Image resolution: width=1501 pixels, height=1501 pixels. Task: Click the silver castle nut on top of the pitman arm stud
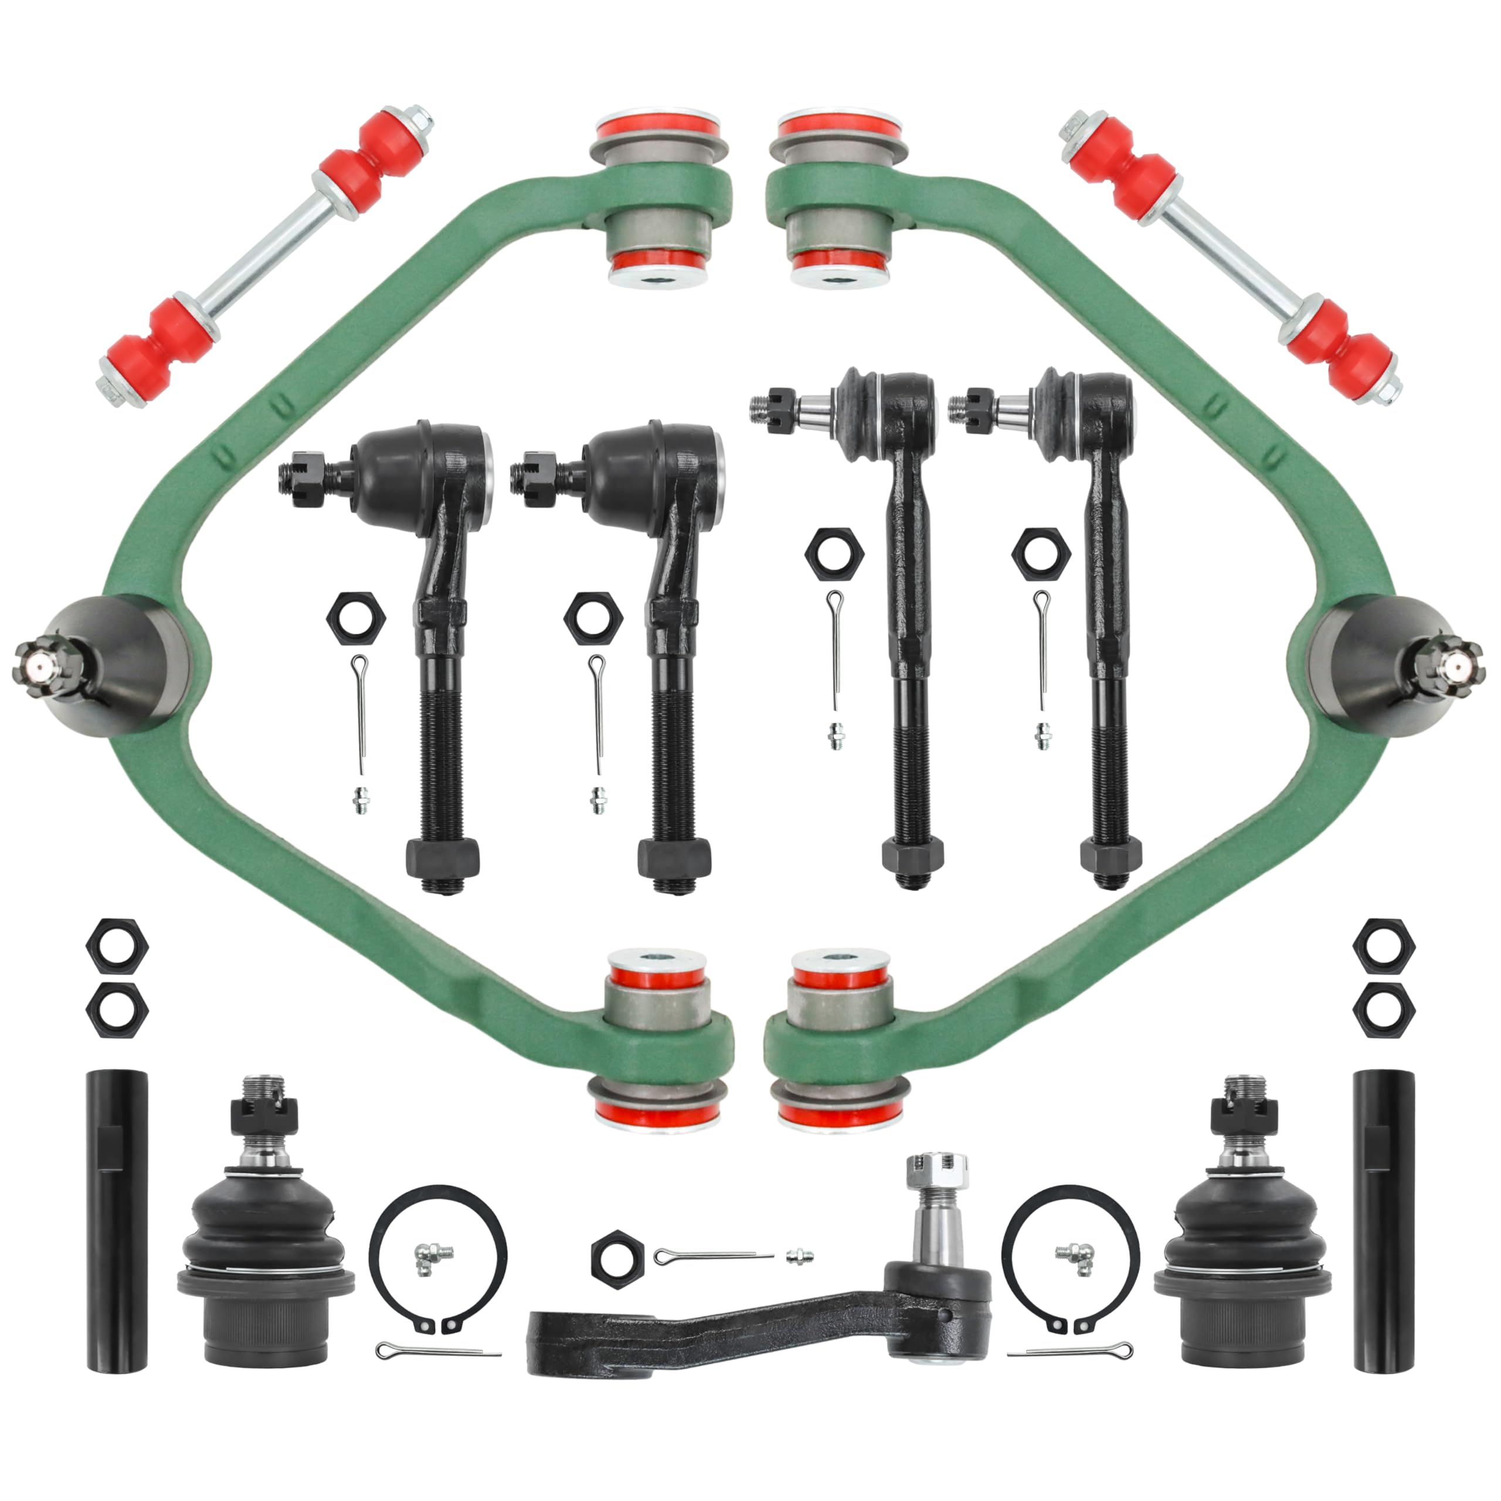[x=935, y=1179]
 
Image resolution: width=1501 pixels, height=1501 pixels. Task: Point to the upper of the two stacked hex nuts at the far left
[x=117, y=944]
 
